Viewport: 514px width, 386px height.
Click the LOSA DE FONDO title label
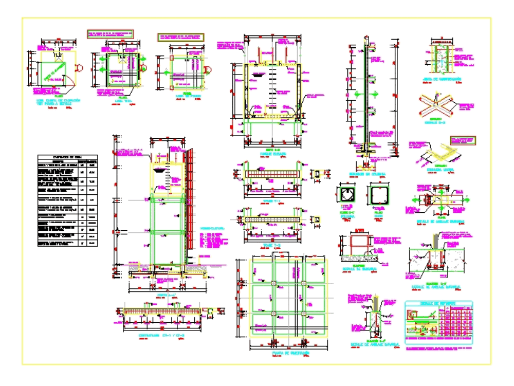(x=186, y=96)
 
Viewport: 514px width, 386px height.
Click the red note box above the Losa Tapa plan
(x=110, y=34)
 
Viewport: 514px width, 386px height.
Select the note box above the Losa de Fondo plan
(x=180, y=37)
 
